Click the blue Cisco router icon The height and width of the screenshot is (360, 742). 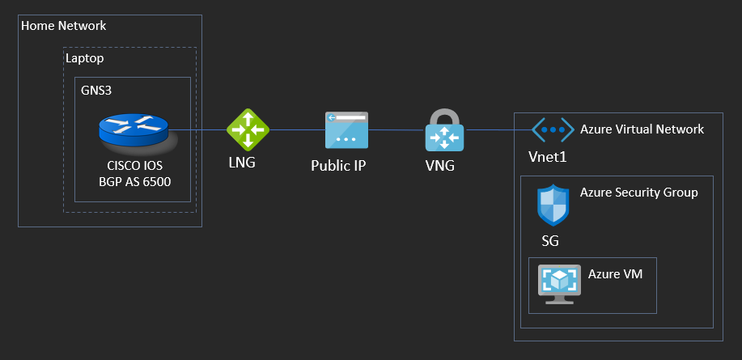coord(134,130)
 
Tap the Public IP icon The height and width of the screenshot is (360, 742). coord(346,130)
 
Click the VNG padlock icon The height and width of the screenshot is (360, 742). coord(444,129)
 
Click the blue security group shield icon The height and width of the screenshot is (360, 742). coord(553,205)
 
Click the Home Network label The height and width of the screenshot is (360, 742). coord(64,26)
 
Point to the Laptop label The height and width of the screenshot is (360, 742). coord(85,58)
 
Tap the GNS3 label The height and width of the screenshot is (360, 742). coord(96,90)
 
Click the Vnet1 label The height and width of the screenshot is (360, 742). coord(547,156)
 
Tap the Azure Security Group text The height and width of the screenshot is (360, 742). coord(638,193)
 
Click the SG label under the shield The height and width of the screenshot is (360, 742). coord(550,240)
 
